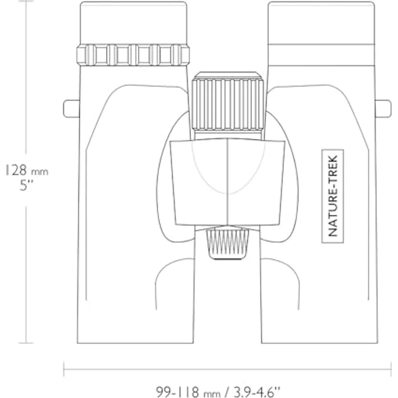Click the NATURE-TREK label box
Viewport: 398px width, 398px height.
point(333,196)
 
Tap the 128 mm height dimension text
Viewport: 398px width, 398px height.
point(27,170)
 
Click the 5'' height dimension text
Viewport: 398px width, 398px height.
point(26,185)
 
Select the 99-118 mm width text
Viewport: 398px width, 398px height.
point(188,391)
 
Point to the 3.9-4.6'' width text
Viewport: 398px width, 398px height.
point(257,391)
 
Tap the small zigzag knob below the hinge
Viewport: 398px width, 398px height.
point(228,244)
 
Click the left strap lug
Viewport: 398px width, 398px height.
point(71,109)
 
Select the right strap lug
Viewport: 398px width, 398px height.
point(383,109)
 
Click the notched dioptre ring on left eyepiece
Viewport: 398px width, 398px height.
point(133,55)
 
